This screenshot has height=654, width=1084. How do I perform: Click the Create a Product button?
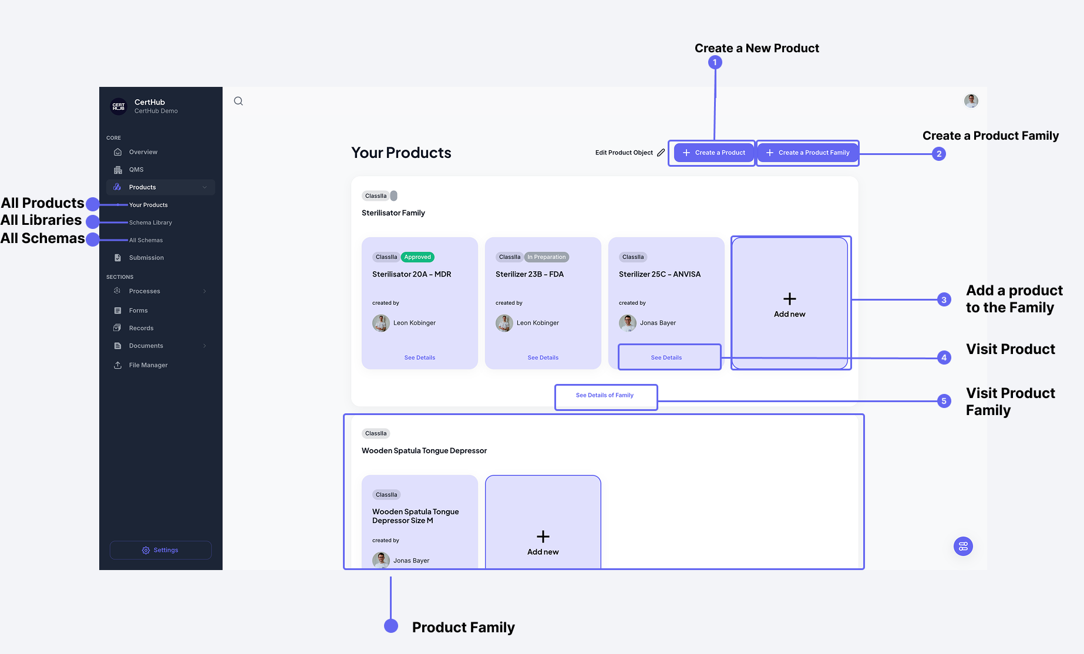[x=713, y=153]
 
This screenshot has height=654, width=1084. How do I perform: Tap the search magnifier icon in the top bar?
[x=238, y=101]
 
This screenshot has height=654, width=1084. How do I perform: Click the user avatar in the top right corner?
[x=971, y=101]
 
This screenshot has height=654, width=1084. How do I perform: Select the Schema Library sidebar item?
[x=150, y=223]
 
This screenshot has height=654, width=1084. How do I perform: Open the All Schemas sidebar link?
[x=146, y=240]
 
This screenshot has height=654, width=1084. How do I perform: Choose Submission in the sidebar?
[x=146, y=258]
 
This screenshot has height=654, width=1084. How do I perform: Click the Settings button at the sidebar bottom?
[x=160, y=550]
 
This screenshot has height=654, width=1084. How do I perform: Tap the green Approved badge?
[x=418, y=257]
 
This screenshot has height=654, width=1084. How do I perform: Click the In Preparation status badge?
[x=546, y=257]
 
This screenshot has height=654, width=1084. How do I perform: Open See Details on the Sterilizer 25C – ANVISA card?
[x=666, y=358]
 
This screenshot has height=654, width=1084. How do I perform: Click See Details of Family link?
[x=604, y=395]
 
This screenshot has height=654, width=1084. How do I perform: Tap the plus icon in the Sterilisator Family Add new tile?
[x=790, y=299]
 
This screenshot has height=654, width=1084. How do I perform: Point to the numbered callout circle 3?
[x=944, y=299]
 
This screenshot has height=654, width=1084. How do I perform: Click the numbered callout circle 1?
[x=715, y=62]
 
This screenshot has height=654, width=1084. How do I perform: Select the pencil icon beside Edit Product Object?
[x=661, y=153]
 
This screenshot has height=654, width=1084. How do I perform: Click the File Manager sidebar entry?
[x=148, y=365]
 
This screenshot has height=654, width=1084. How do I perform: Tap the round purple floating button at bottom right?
[x=963, y=547]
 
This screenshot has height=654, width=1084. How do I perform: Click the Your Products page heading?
[x=401, y=153]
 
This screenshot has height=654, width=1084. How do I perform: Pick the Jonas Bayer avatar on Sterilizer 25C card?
[x=627, y=323]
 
